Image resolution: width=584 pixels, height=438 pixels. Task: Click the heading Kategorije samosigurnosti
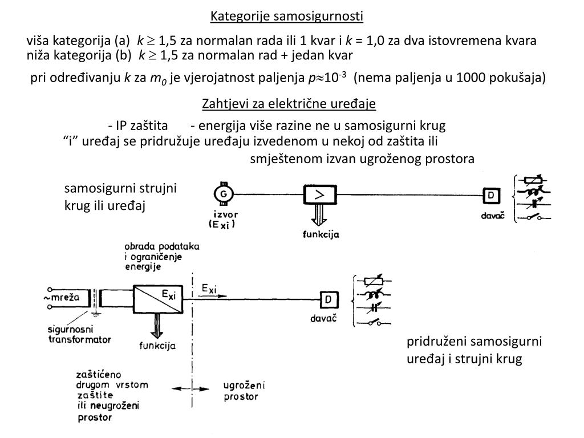[286, 16]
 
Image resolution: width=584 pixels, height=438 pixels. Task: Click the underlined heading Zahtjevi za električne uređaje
[289, 104]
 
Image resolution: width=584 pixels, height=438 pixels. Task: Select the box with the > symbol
[320, 195]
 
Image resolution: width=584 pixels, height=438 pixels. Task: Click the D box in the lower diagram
[328, 299]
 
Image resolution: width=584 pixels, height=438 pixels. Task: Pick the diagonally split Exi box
[157, 298]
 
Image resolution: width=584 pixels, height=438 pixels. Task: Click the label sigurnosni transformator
[79, 335]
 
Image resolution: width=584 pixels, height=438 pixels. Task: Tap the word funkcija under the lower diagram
[157, 346]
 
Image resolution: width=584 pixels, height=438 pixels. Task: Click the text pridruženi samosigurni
[474, 342]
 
